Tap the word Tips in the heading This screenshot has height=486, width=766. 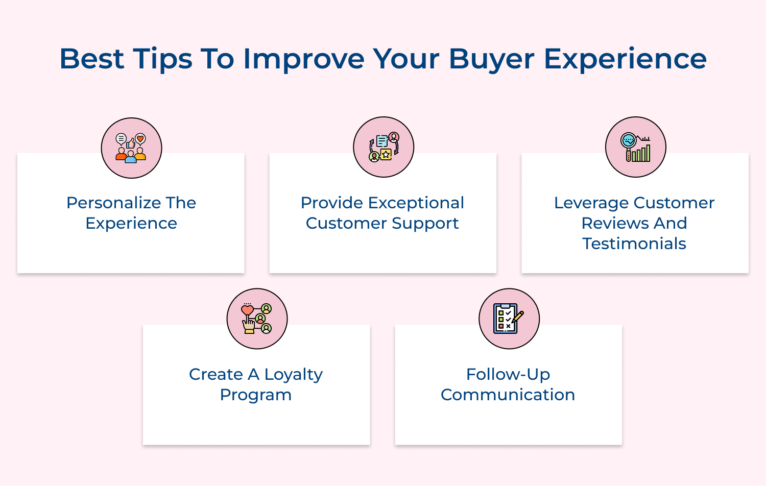coord(162,59)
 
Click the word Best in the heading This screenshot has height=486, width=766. coord(91,59)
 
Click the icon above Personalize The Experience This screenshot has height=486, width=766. coord(131,148)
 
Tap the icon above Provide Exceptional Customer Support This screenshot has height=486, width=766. coord(384,147)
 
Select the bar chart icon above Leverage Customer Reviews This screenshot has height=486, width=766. coord(636,147)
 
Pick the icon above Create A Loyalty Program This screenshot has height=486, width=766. coord(257,319)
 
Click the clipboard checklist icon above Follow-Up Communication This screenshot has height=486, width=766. coord(509,319)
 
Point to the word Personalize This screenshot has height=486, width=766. coord(107,203)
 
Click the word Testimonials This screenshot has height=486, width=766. coord(634,244)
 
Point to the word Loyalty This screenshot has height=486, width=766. coord(293,375)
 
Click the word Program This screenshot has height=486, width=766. coord(256,395)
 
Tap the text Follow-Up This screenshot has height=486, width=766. coord(508,375)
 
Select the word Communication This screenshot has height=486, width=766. coord(508,395)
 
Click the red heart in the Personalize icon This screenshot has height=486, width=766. coord(140,138)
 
